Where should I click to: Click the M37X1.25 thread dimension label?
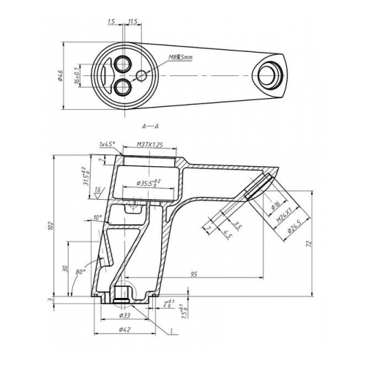point(150,147)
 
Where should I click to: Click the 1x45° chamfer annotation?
point(107,145)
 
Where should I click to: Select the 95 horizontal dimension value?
point(194,274)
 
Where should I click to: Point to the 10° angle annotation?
point(98,217)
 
